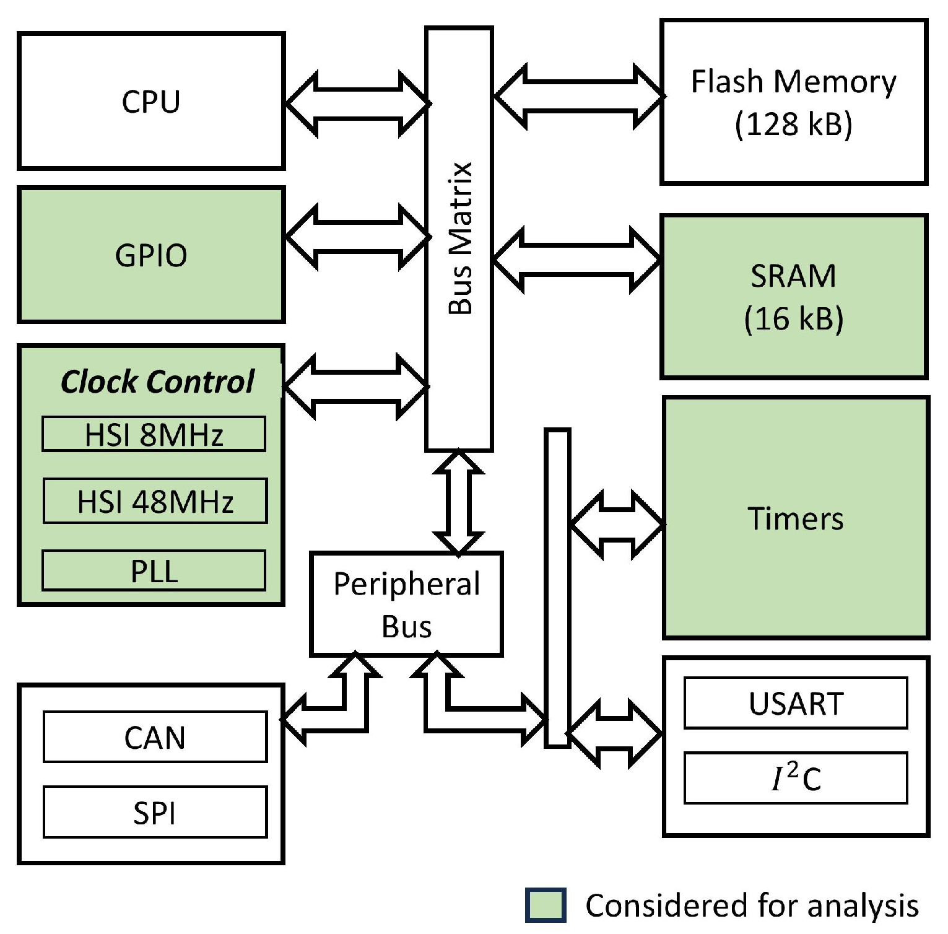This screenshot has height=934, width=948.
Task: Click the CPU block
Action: [151, 101]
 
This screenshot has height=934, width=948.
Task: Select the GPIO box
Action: [151, 255]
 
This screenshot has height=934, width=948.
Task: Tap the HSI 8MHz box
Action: [154, 434]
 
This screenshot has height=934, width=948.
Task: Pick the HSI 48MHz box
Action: [155, 501]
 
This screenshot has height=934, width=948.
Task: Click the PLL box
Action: [154, 571]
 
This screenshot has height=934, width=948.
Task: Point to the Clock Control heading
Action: [157, 382]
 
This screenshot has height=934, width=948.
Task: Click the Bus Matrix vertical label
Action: [460, 238]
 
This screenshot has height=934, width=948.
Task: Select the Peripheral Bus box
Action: [406, 604]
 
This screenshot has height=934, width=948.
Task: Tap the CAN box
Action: [155, 737]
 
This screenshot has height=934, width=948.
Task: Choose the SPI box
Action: [155, 813]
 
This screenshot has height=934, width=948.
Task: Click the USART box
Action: [796, 704]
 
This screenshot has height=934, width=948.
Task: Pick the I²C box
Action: [796, 779]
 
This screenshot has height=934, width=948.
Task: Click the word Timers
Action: [796, 518]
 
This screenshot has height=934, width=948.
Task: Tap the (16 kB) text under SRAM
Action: [793, 318]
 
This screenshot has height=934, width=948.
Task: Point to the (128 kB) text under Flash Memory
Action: [793, 123]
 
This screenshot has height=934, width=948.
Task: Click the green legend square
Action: [546, 905]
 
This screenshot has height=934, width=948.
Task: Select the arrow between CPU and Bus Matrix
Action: [357, 104]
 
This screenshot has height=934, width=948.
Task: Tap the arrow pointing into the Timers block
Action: [617, 525]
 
